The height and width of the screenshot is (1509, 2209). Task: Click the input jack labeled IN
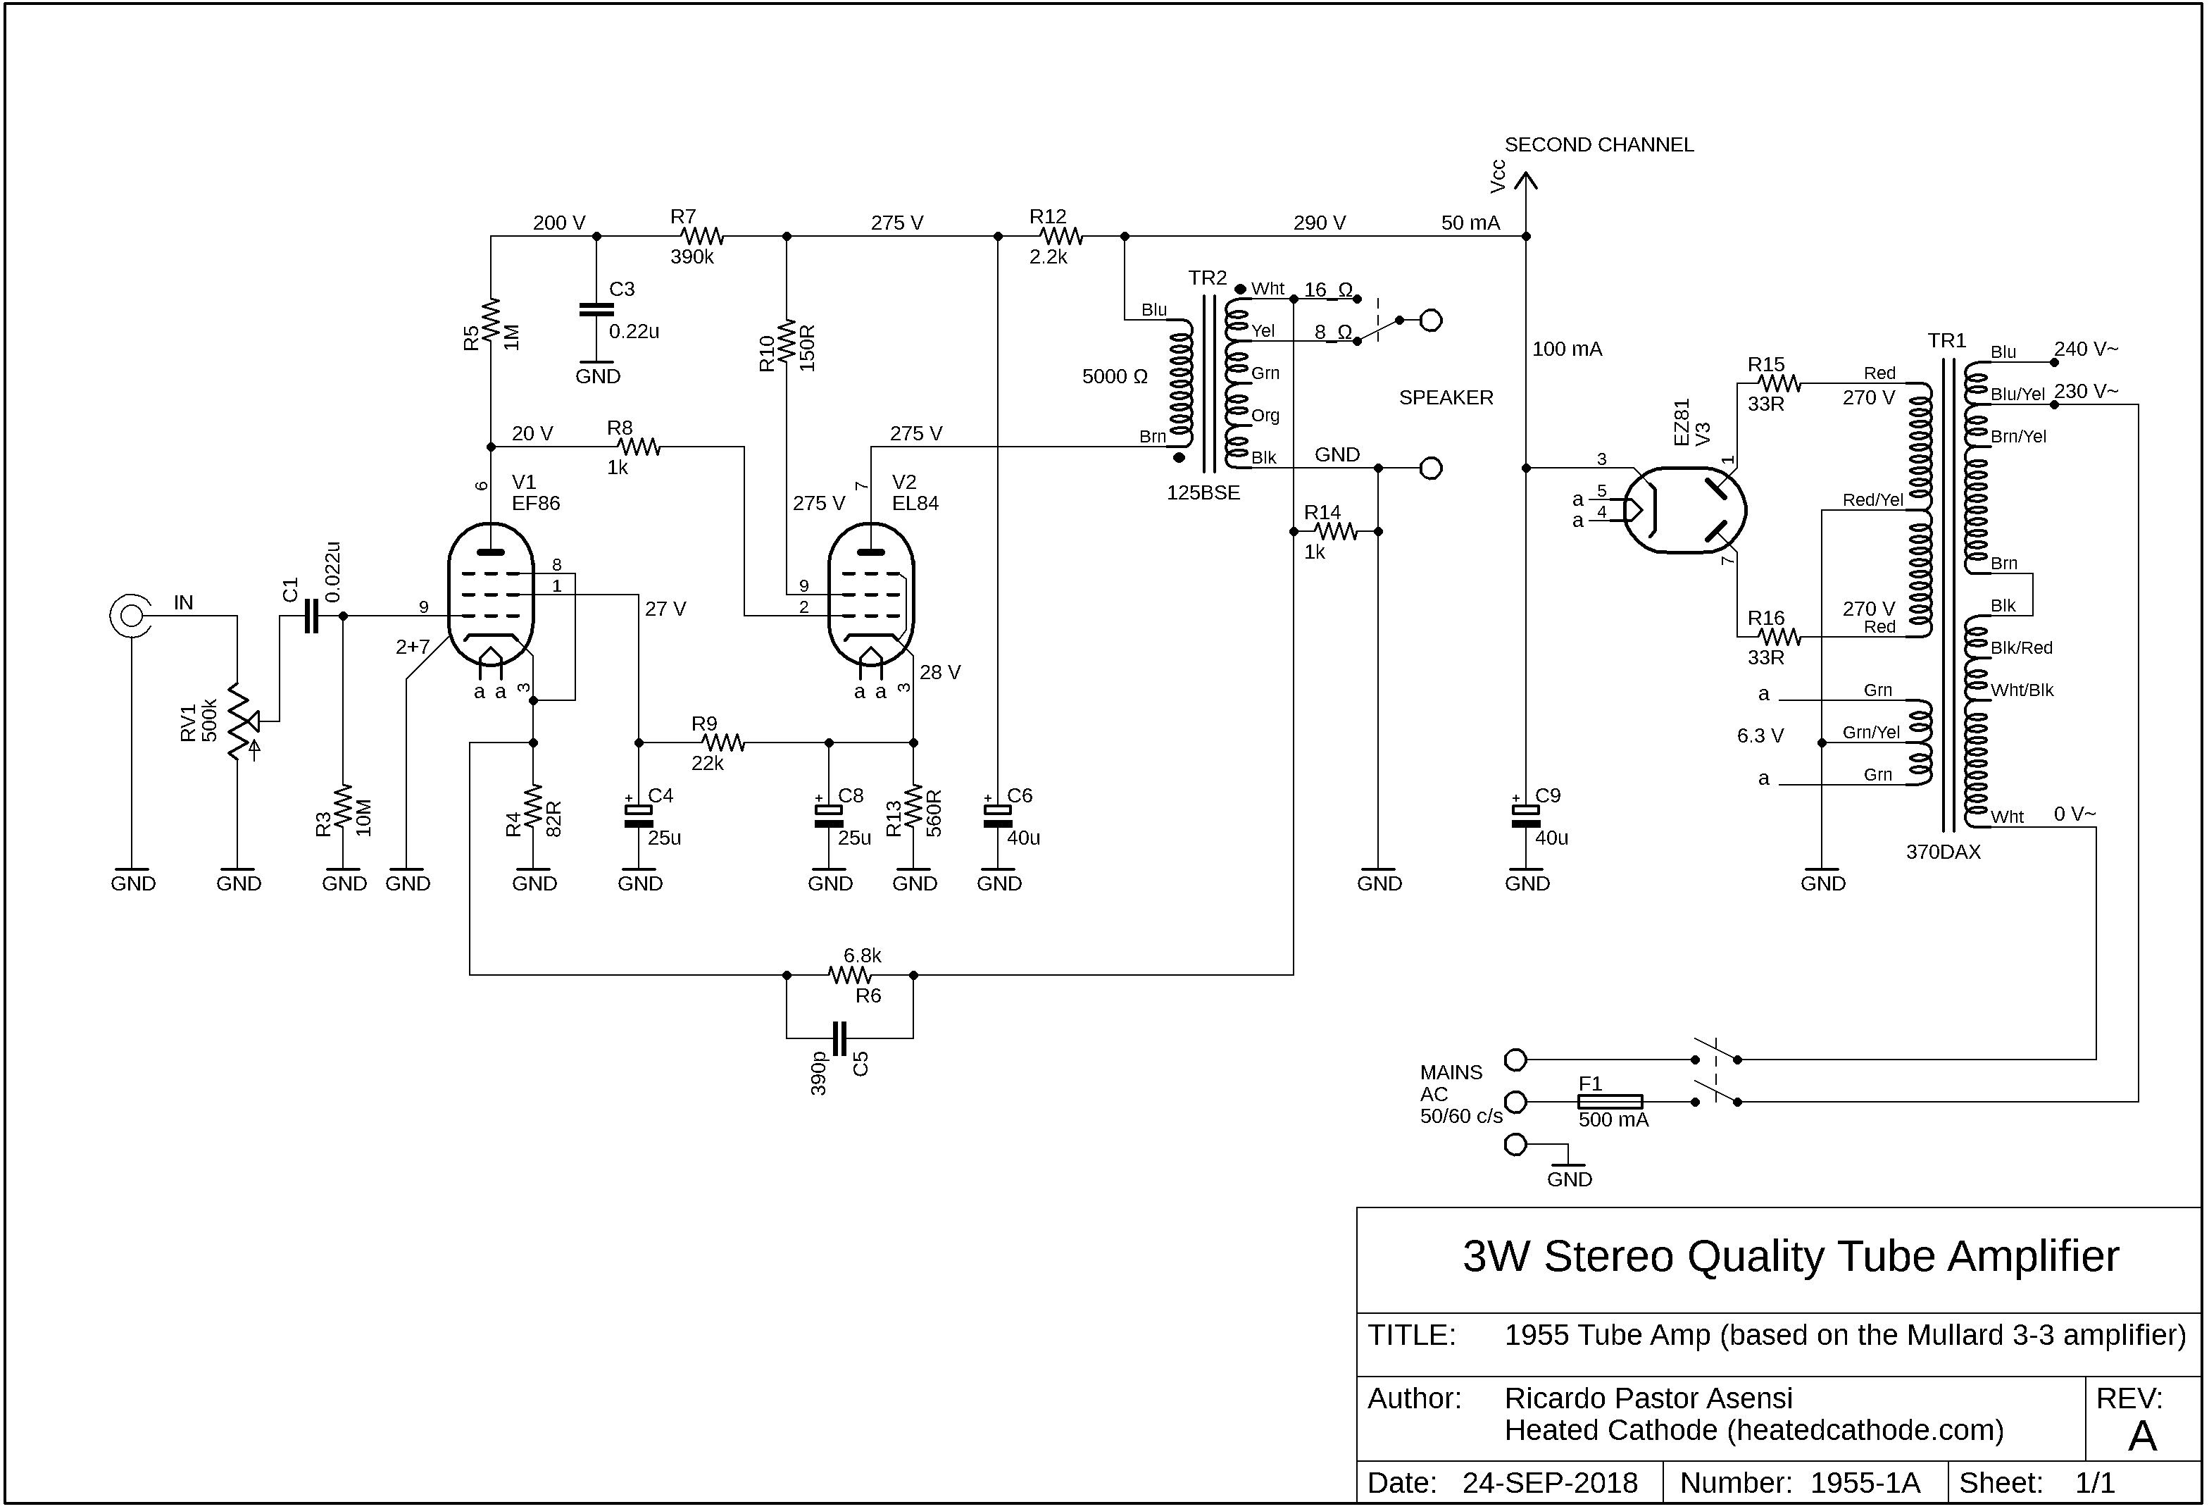(130, 616)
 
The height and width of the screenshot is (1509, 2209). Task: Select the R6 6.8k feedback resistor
(850, 974)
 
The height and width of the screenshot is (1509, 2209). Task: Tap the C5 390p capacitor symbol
(839, 1038)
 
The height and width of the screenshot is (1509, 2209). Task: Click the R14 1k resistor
(1336, 531)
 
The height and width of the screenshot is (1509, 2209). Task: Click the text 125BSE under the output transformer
(1203, 492)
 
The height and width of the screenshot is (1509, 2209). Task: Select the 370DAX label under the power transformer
(1943, 852)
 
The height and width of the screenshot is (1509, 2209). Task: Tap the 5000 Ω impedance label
(1115, 376)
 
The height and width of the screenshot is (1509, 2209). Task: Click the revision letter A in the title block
(2141, 1436)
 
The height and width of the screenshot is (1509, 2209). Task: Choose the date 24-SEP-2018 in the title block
(1551, 1484)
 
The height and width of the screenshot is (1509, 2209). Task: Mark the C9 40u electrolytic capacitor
(1525, 816)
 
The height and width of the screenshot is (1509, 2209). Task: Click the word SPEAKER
(1446, 397)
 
